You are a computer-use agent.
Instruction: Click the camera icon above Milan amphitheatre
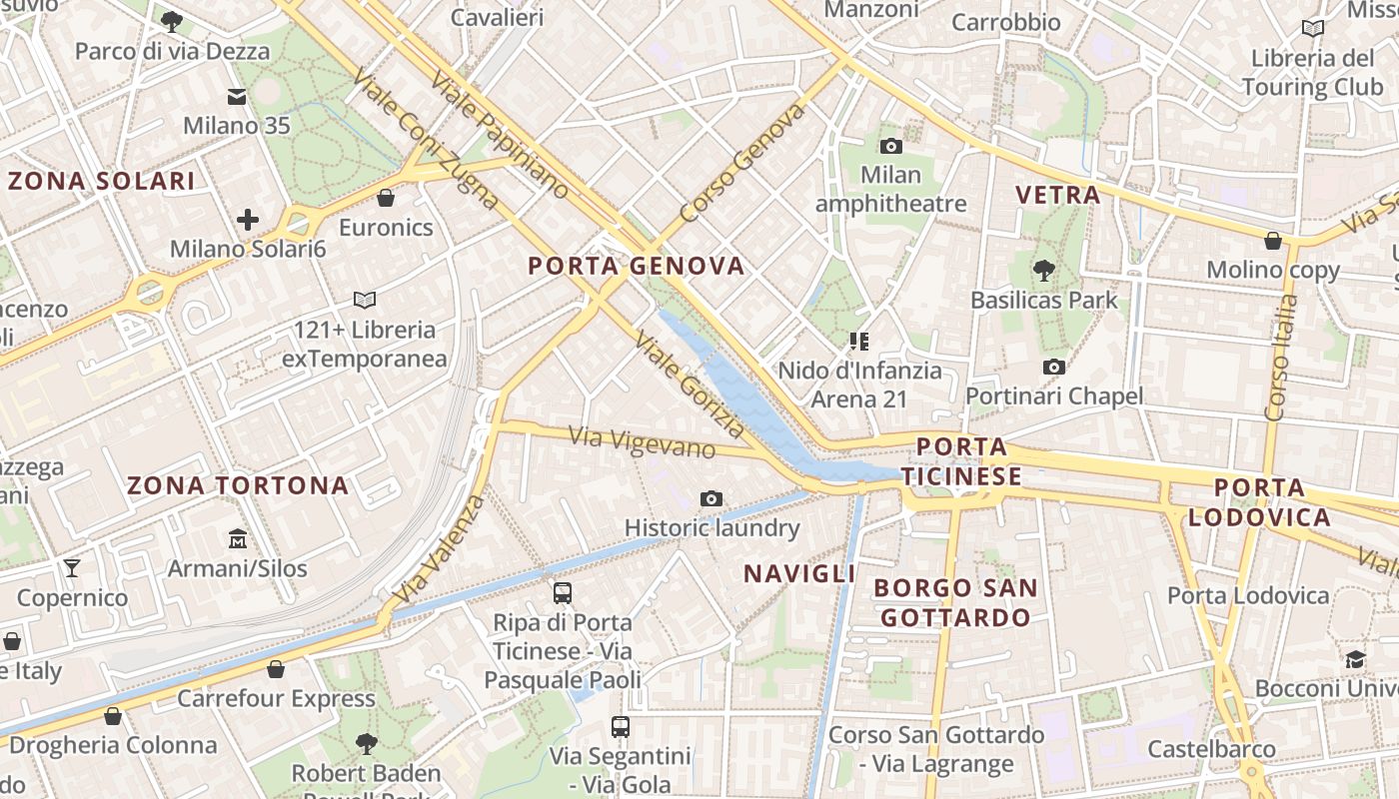click(890, 147)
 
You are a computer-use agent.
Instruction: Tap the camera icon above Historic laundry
click(711, 498)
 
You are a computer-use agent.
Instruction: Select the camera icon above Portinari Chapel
click(1053, 368)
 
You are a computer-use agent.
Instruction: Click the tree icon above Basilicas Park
click(1044, 270)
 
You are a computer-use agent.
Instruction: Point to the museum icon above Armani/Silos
click(238, 539)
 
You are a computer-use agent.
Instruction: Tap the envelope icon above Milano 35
click(237, 97)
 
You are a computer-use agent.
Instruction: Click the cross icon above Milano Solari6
click(248, 220)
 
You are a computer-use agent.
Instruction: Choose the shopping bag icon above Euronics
click(386, 198)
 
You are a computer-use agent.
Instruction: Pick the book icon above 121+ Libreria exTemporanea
click(365, 300)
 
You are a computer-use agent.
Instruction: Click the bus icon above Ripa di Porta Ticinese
click(563, 593)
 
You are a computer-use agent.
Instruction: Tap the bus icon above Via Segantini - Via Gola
click(621, 727)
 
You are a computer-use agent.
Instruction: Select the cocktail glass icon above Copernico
click(72, 568)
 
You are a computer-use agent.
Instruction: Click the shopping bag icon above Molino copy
click(1273, 241)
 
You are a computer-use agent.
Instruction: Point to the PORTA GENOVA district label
click(637, 266)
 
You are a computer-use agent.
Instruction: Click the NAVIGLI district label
click(799, 573)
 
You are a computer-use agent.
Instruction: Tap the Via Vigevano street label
click(643, 441)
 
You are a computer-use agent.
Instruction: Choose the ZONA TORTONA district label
click(238, 486)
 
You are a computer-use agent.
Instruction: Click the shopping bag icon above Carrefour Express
click(276, 669)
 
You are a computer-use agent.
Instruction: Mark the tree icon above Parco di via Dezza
click(172, 22)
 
